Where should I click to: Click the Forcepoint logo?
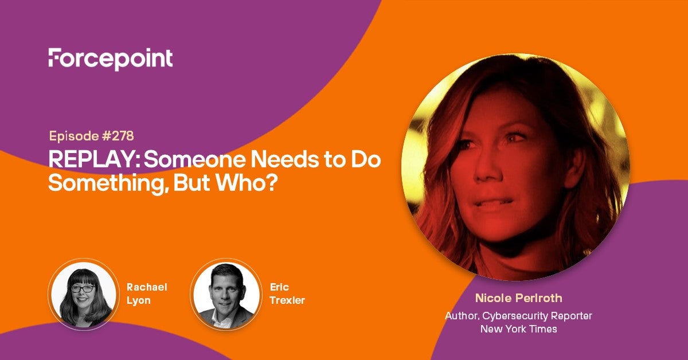pyautogui.click(x=111, y=59)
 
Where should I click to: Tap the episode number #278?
pyautogui.click(x=118, y=136)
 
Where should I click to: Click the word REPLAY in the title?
pyautogui.click(x=94, y=160)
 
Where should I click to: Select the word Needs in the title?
pyautogui.click(x=284, y=160)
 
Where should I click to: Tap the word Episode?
pyautogui.click(x=74, y=136)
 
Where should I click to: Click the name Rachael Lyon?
pyautogui.click(x=147, y=294)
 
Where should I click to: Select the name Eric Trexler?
pyautogui.click(x=287, y=294)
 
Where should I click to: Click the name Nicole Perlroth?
pyautogui.click(x=519, y=298)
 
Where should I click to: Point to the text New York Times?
pyautogui.click(x=519, y=329)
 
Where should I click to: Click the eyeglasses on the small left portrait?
pyautogui.click(x=83, y=289)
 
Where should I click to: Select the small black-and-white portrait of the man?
pyautogui.click(x=226, y=294)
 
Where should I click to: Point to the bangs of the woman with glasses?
pyautogui.click(x=83, y=278)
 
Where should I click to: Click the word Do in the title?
pyautogui.click(x=366, y=160)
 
